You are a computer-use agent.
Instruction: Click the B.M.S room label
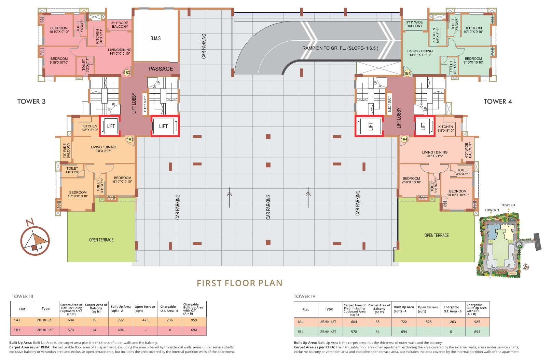click(x=155, y=38)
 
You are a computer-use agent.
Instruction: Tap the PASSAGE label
click(x=161, y=69)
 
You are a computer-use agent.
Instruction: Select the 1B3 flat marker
click(x=127, y=73)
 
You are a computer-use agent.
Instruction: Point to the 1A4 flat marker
click(x=404, y=139)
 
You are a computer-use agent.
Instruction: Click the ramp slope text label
click(x=340, y=48)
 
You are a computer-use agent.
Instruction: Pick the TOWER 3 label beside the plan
click(x=31, y=102)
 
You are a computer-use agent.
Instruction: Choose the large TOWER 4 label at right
click(x=497, y=102)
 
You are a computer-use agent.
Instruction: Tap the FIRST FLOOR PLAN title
click(x=239, y=283)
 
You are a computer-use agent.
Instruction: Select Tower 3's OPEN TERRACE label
click(x=101, y=240)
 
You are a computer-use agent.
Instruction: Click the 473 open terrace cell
click(x=146, y=320)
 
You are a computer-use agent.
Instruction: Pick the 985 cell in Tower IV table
click(x=477, y=322)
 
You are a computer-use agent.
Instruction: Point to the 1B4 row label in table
click(x=300, y=332)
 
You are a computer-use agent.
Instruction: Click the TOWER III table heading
click(x=23, y=296)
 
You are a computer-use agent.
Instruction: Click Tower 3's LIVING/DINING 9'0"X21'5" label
click(x=104, y=149)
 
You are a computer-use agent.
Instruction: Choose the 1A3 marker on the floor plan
click(x=130, y=139)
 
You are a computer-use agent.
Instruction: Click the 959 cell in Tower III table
click(x=194, y=320)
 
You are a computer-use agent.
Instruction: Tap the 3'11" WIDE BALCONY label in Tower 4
click(x=414, y=24)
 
